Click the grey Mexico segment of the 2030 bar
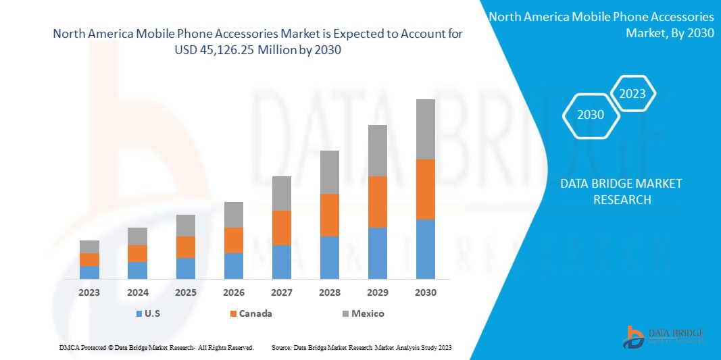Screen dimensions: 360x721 pos(425,129)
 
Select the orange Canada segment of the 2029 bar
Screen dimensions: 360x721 pos(377,201)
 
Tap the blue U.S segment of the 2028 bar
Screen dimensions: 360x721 pos(329,257)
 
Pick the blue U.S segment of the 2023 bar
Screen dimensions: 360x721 pos(89,272)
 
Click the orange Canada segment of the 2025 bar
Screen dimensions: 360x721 pos(186,247)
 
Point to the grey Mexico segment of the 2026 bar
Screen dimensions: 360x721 pos(233,215)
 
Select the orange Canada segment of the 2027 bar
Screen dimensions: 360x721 pos(282,228)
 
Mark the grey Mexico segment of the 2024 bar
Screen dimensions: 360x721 pos(137,236)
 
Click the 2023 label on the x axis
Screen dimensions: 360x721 pos(89,292)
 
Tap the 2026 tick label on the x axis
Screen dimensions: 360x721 pos(233,292)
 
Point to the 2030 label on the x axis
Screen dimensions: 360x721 pos(425,292)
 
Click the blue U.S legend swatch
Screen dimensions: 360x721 pos(139,313)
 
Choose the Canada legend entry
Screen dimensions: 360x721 pos(251,313)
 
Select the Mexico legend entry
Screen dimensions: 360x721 pos(361,313)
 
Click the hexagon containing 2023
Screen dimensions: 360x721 pos(632,94)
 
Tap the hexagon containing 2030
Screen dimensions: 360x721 pos(591,115)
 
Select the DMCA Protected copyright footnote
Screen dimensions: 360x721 pos(156,347)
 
